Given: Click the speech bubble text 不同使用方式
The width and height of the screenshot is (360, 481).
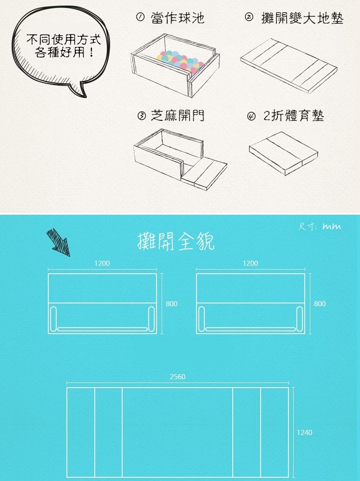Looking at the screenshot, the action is (x=64, y=39).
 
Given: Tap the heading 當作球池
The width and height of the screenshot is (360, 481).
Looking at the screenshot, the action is (x=177, y=18).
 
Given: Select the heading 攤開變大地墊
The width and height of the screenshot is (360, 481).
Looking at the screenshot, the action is (x=302, y=18).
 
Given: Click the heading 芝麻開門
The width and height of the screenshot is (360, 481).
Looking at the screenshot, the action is (x=177, y=116).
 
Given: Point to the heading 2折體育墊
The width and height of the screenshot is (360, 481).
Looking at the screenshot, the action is (x=294, y=116).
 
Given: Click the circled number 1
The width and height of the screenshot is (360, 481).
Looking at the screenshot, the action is (x=140, y=17).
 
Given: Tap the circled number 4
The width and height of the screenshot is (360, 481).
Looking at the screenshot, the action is (x=251, y=116).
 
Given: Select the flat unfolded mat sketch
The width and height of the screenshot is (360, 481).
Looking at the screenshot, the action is (x=288, y=66).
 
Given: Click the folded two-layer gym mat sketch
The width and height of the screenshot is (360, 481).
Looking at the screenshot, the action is (x=283, y=153).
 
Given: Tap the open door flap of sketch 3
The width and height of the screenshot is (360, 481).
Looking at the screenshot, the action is (x=204, y=173).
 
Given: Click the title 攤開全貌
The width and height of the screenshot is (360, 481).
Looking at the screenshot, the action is (x=176, y=241).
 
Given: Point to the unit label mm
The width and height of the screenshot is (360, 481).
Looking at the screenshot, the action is (x=332, y=227).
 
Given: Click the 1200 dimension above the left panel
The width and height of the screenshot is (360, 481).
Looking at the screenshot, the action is (x=102, y=263).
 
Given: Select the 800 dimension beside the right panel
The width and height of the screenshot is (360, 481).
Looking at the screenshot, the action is (x=320, y=303).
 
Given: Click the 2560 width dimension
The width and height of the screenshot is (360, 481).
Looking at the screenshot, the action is (x=177, y=377).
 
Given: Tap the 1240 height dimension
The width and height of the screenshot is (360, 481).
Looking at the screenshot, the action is (x=305, y=433).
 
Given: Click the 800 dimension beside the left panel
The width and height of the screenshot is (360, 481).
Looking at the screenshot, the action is (x=171, y=303).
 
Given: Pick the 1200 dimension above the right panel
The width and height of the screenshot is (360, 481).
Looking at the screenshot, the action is (x=250, y=263).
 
